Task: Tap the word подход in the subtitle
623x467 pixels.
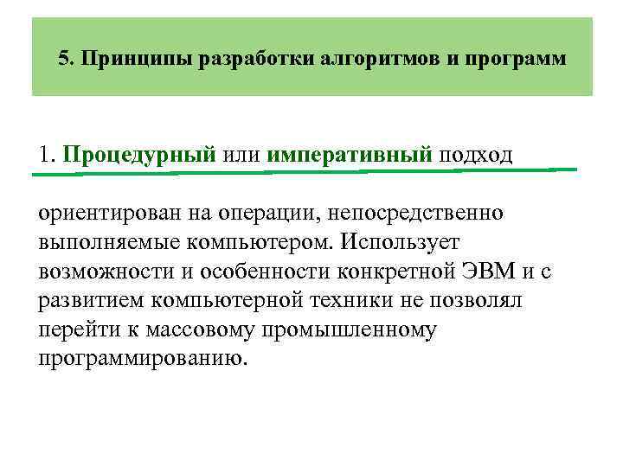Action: coord(476,156)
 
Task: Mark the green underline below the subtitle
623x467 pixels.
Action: coord(303,171)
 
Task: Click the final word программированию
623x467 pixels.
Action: coord(143,358)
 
